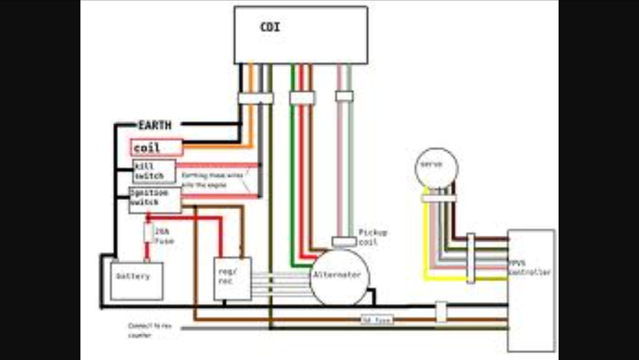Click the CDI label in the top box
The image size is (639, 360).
[x=270, y=26]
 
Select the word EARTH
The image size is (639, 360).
[x=155, y=125]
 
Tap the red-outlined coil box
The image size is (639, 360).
[x=156, y=148]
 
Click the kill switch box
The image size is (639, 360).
[x=154, y=171]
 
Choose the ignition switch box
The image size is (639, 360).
[x=155, y=200]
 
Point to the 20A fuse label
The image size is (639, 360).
[x=164, y=236]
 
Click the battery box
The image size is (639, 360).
[x=137, y=280]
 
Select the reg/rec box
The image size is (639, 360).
[x=232, y=278]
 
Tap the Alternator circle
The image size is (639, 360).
[x=339, y=277]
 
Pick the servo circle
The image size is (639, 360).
[x=436, y=167]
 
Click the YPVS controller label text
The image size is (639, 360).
[x=529, y=268]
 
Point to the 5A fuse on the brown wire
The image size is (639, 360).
[x=376, y=320]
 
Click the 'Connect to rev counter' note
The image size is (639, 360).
[x=148, y=330]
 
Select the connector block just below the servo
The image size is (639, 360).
[x=439, y=198]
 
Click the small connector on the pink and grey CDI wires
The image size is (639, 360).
[x=344, y=96]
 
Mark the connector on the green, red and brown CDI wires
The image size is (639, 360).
[x=302, y=98]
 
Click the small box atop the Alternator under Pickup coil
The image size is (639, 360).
[x=344, y=242]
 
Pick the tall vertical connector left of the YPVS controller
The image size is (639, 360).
[x=471, y=258]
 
